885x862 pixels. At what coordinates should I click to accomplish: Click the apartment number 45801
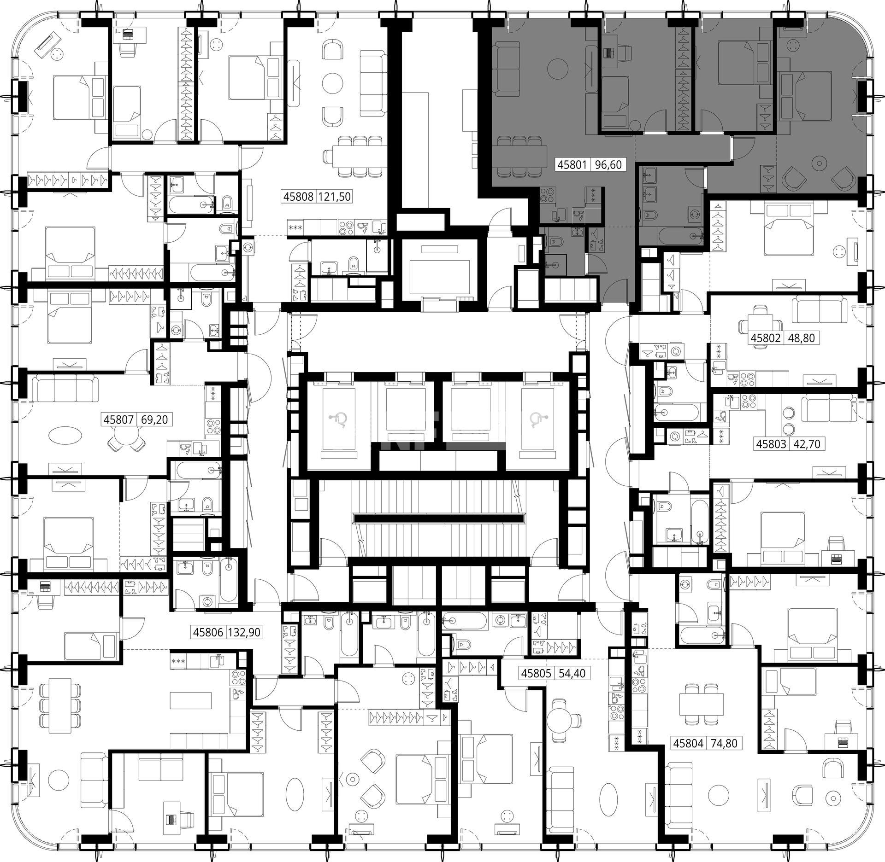(572, 164)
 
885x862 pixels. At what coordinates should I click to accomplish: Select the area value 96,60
(608, 164)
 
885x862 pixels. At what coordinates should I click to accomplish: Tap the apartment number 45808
(298, 197)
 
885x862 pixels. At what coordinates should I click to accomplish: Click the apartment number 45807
(118, 419)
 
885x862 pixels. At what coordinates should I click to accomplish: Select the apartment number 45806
(208, 633)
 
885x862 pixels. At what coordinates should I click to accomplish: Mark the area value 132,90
(244, 633)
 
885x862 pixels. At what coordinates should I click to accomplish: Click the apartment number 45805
(536, 673)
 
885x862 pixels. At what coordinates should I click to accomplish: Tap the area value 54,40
(572, 673)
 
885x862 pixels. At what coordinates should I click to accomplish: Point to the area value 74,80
(724, 743)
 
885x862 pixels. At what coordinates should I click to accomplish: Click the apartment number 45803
(771, 444)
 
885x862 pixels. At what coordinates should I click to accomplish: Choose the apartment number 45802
(765, 338)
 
